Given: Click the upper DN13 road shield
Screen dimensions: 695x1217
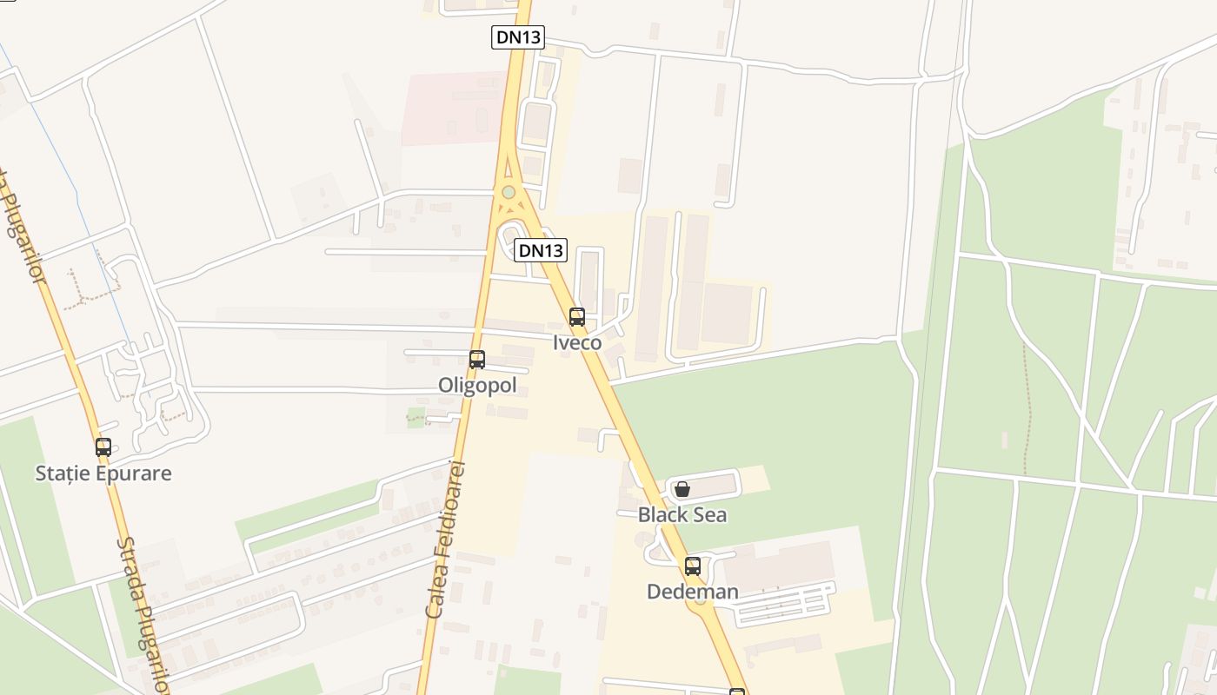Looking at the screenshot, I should (x=517, y=36).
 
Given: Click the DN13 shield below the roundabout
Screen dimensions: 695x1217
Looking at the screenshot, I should (x=540, y=251).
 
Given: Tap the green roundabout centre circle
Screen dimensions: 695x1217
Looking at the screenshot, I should (x=509, y=192).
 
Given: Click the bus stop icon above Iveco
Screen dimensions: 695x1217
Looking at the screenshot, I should (x=577, y=317).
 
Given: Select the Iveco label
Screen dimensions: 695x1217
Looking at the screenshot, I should (x=577, y=342).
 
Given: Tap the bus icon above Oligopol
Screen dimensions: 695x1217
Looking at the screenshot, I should (x=477, y=360).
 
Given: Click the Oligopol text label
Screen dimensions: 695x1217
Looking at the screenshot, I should (x=477, y=385).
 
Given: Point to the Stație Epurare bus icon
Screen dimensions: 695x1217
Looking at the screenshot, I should (x=103, y=447).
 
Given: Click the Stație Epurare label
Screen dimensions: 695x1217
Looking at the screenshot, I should (x=103, y=473).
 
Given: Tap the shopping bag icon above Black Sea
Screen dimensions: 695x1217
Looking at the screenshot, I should (x=682, y=489).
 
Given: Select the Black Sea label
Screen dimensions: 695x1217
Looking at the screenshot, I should (x=682, y=514).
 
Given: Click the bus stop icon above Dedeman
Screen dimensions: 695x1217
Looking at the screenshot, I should (x=693, y=566).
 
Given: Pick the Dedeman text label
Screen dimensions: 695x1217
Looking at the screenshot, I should (x=693, y=592).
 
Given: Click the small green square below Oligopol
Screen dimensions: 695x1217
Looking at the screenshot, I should (x=416, y=415).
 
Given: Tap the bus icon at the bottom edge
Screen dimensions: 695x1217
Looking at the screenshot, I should (x=737, y=692).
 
